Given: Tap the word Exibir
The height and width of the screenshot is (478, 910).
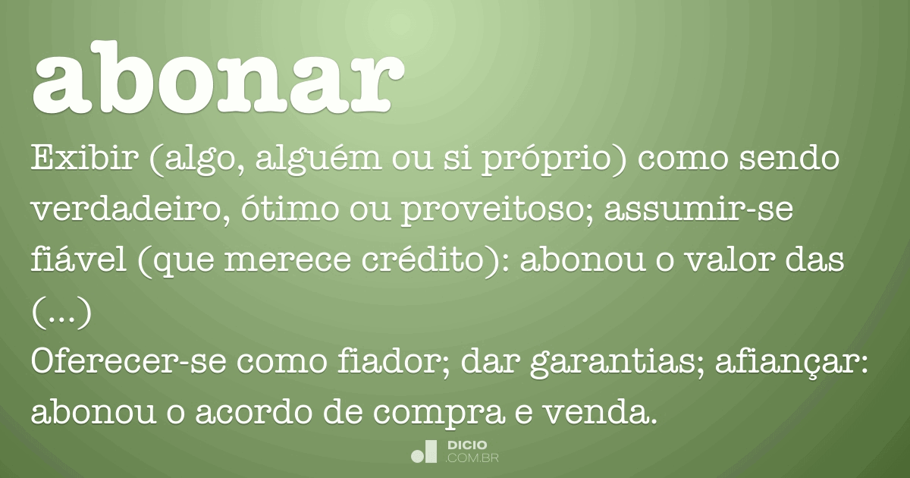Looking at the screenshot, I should [x=86, y=160].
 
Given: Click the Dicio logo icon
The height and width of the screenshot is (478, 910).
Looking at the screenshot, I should [x=424, y=451].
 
